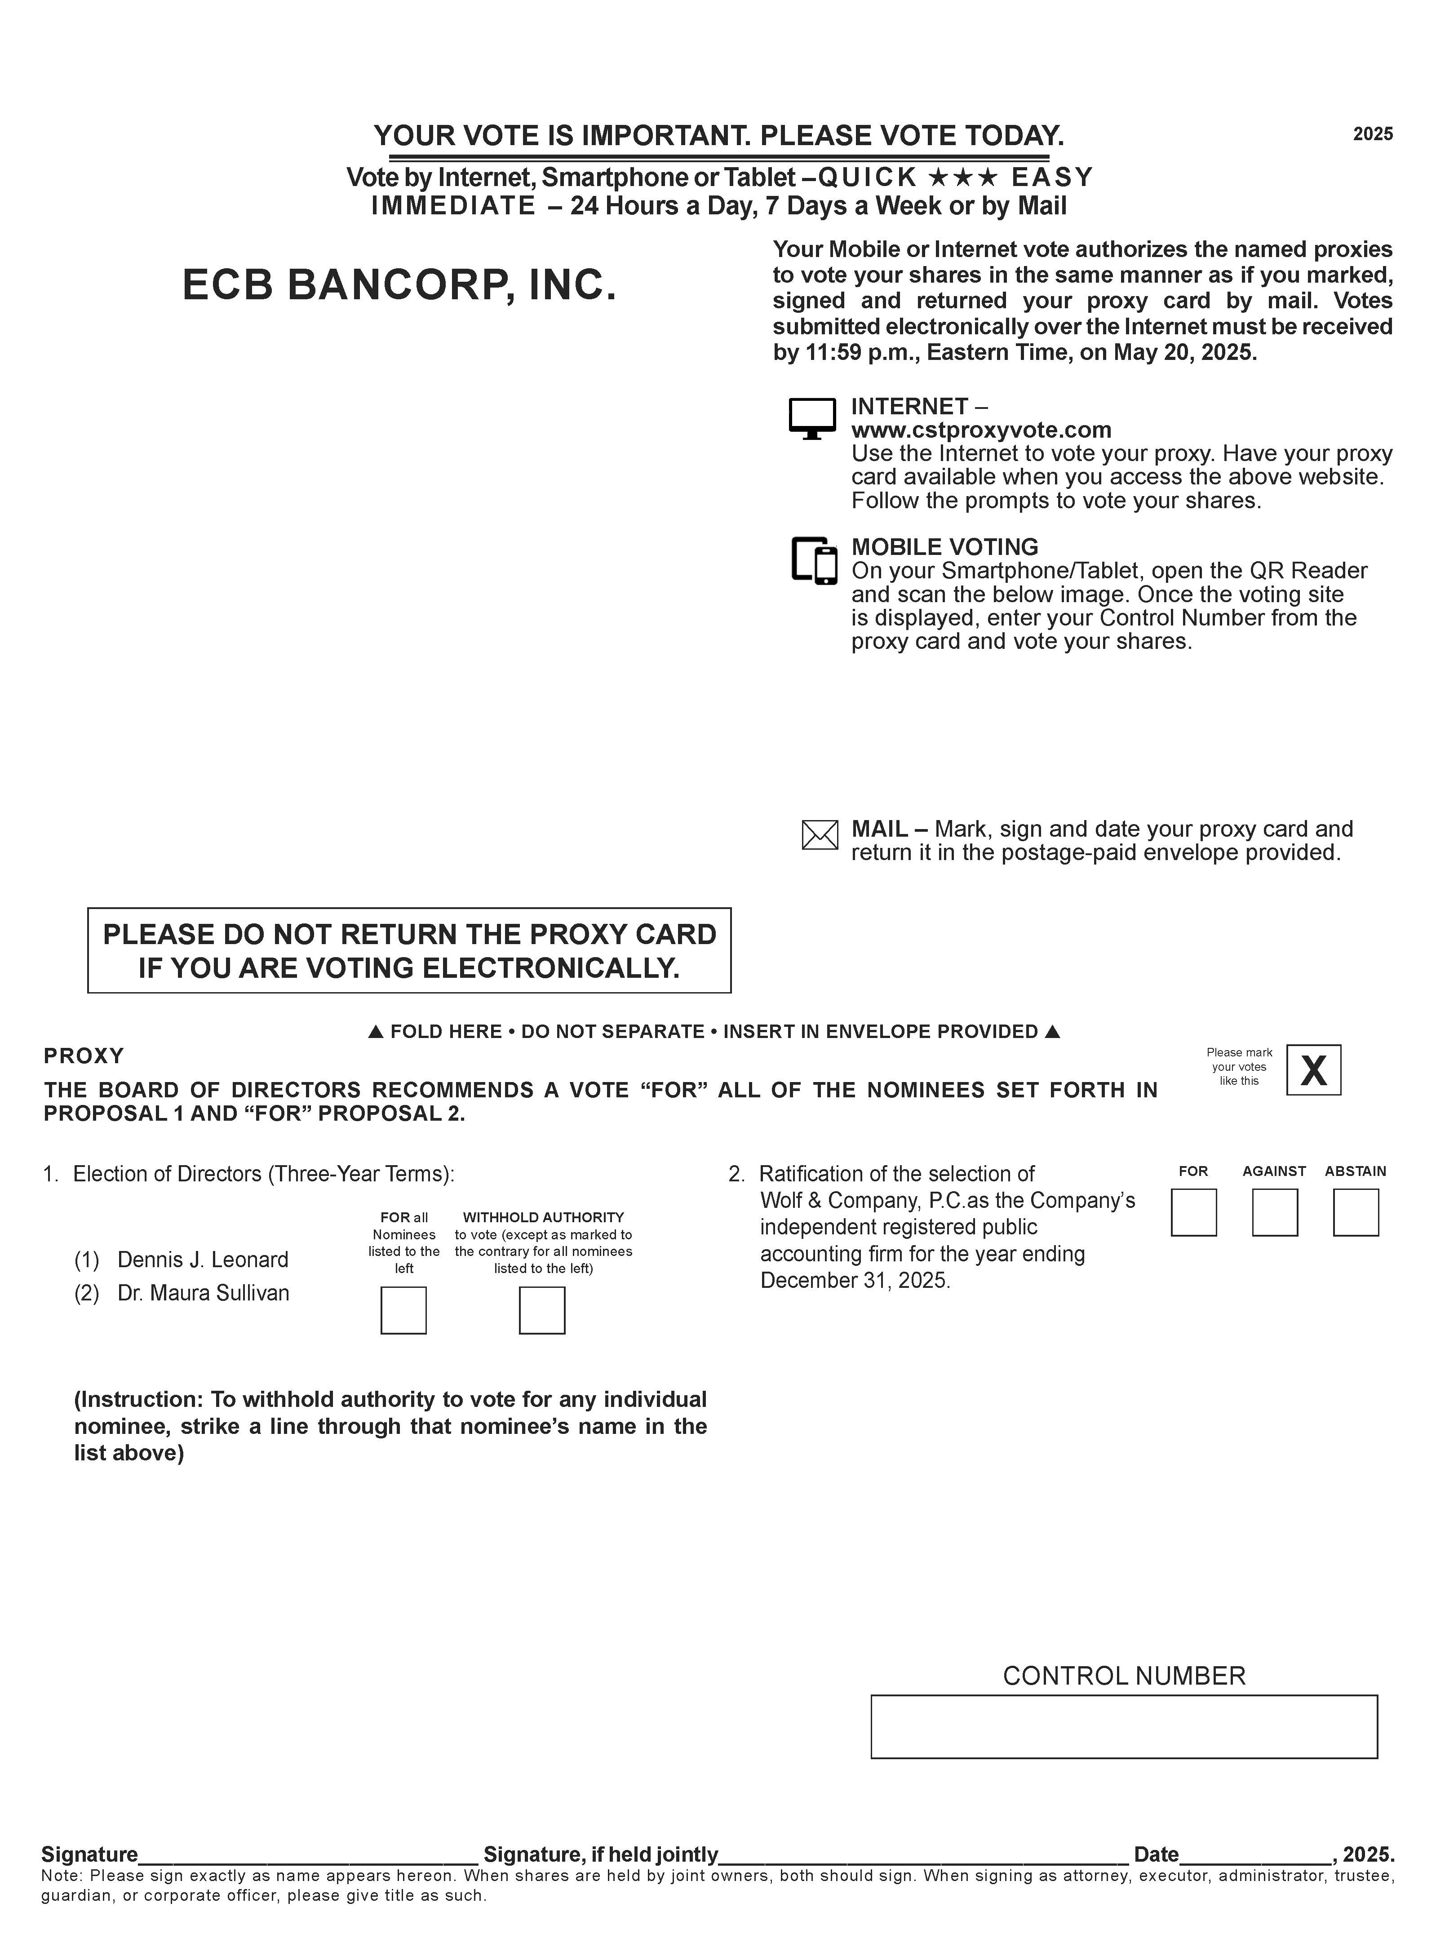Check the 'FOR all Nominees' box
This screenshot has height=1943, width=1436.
403,1310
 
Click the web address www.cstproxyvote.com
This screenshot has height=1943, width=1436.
980,430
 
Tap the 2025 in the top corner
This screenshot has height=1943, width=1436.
1373,134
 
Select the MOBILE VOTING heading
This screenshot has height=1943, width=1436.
944,547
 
